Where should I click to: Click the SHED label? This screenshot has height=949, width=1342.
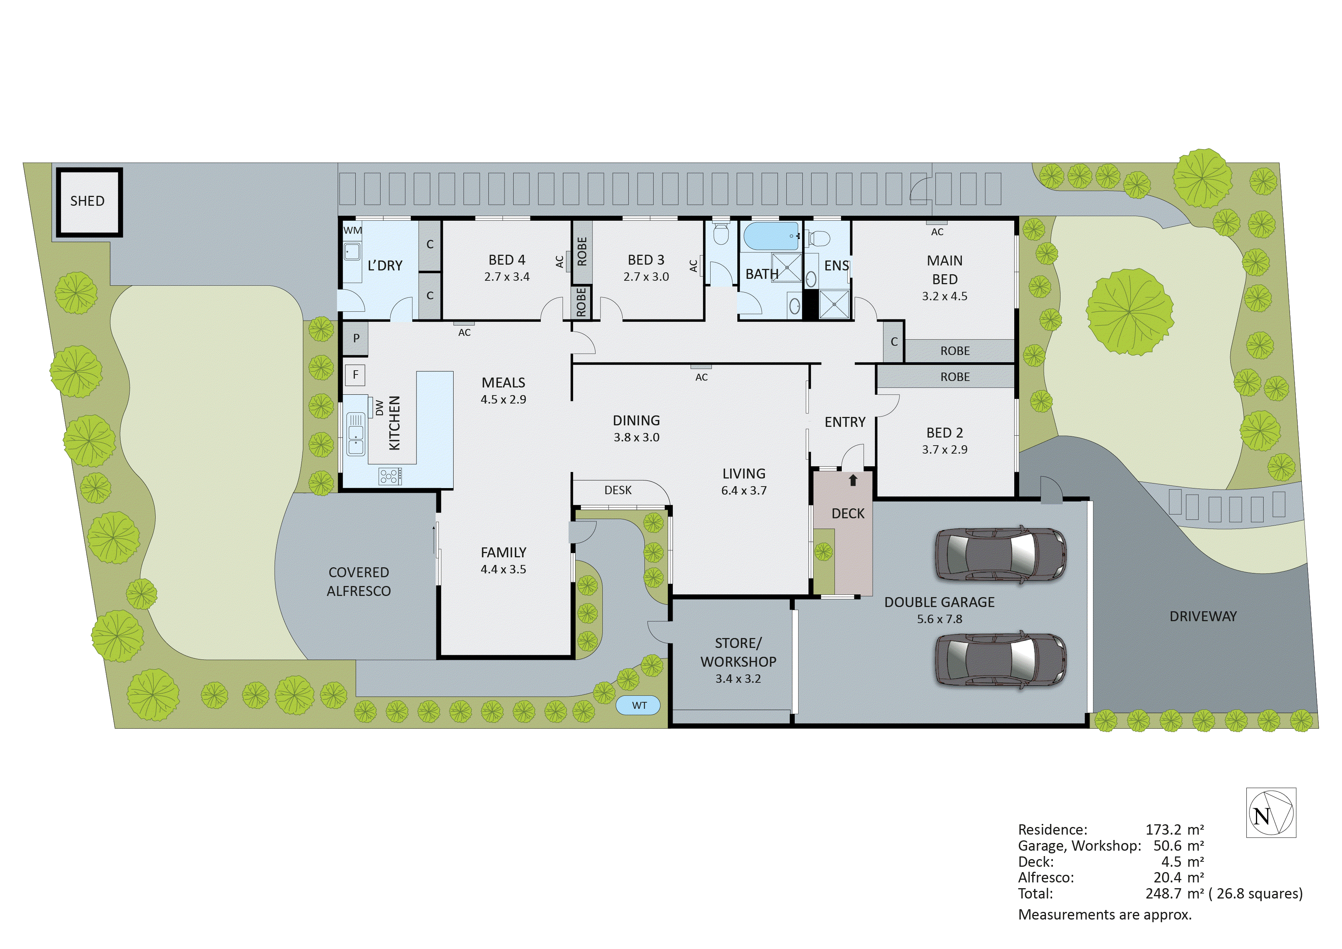pyautogui.click(x=87, y=201)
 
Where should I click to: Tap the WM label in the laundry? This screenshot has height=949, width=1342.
pyautogui.click(x=353, y=230)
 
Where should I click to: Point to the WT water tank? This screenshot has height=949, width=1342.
pyautogui.click(x=639, y=706)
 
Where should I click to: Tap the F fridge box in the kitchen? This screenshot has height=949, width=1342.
pyautogui.click(x=355, y=375)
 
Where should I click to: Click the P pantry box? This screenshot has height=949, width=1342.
pyautogui.click(x=355, y=339)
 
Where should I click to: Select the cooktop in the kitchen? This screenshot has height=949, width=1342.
pyautogui.click(x=390, y=476)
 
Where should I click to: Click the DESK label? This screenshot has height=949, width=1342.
pyautogui.click(x=618, y=490)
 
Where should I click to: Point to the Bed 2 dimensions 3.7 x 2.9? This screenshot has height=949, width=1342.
pyautogui.click(x=945, y=450)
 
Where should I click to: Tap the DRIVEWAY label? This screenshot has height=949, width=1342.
pyautogui.click(x=1203, y=616)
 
